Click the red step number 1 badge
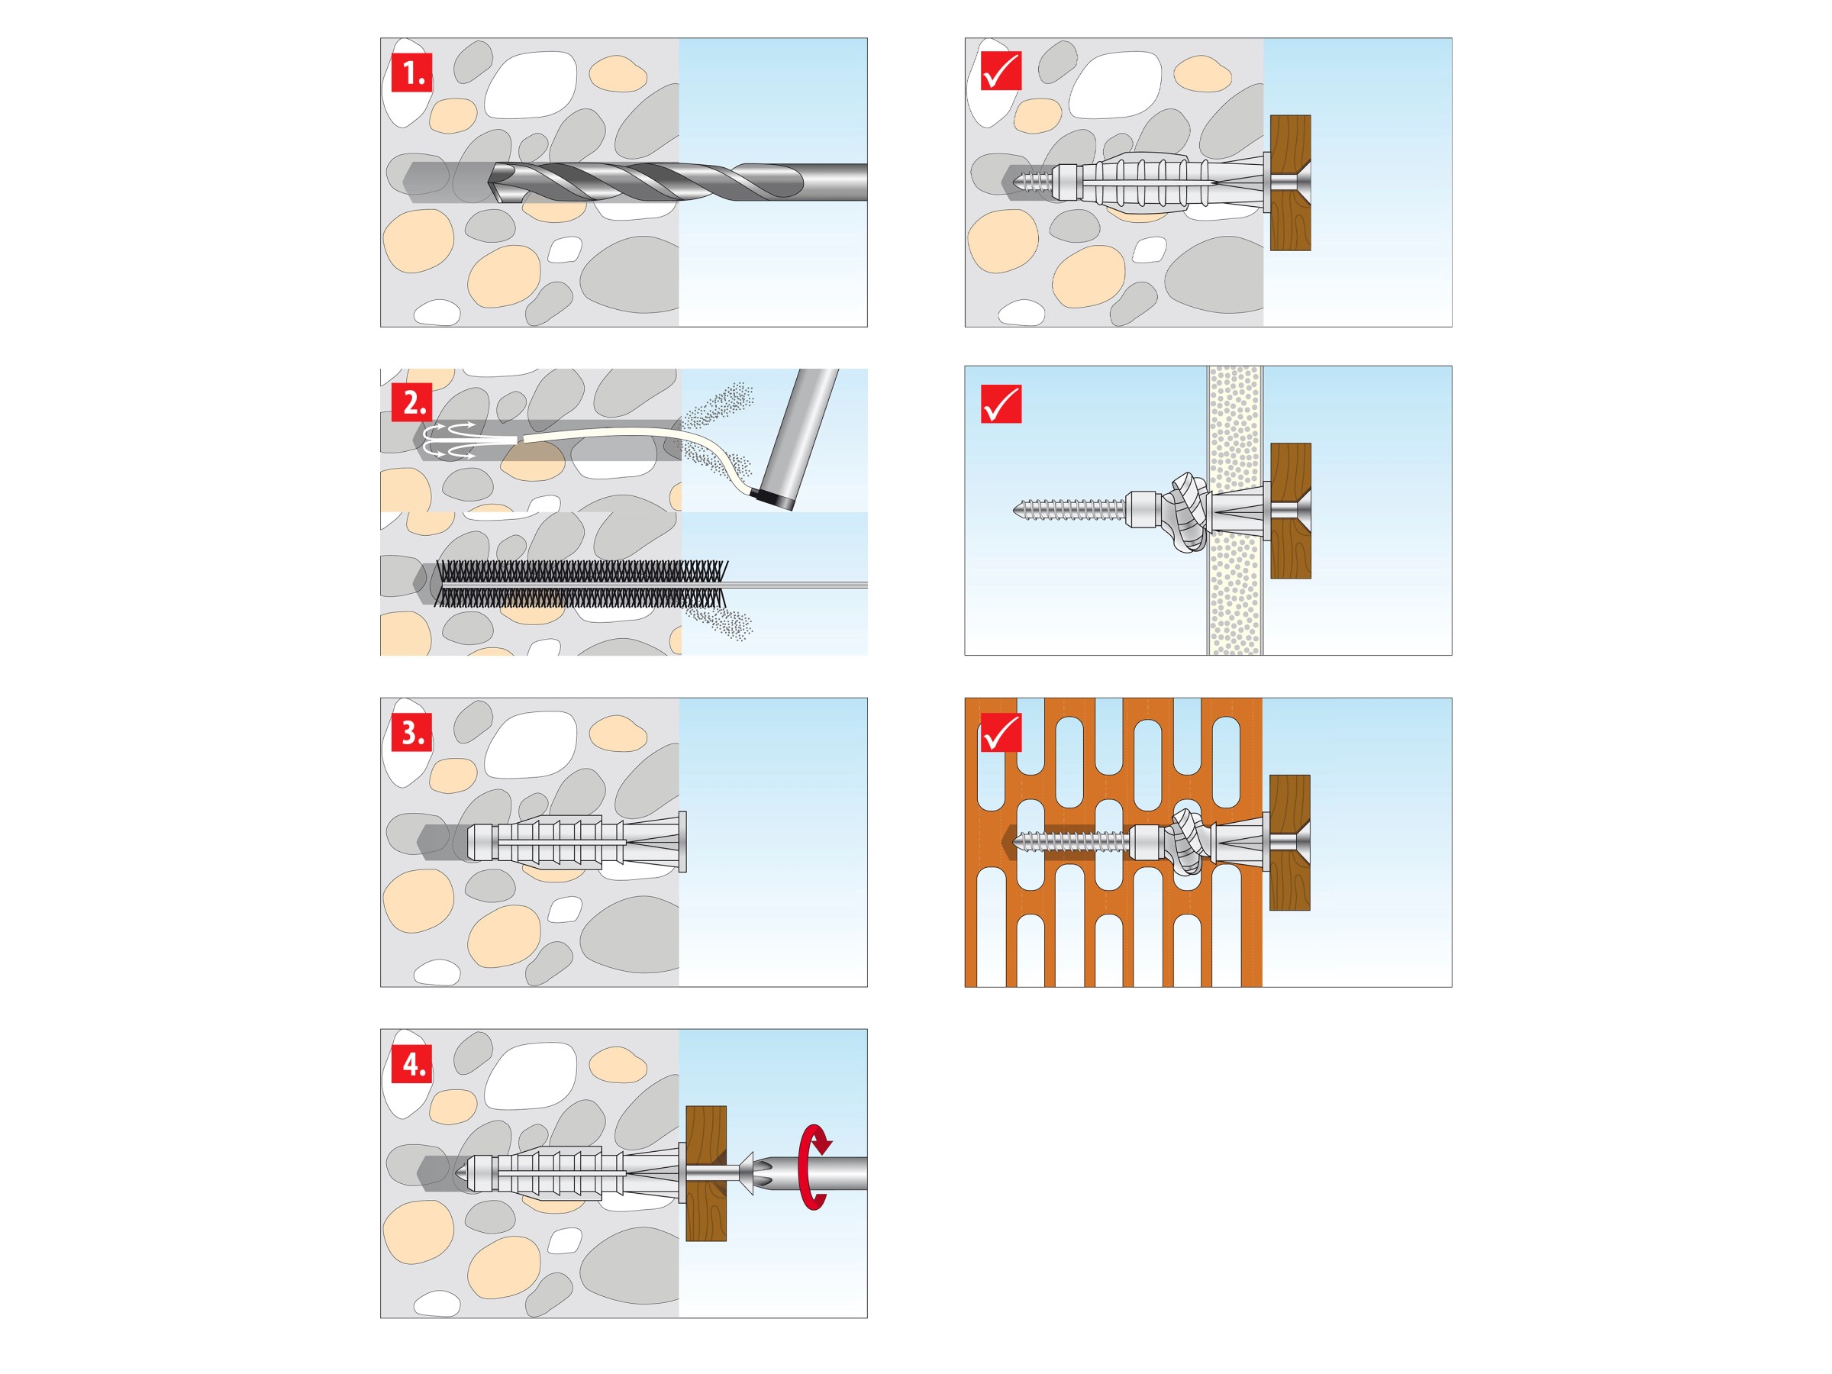tap(411, 73)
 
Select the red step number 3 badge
tap(411, 733)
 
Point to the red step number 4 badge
tap(411, 1064)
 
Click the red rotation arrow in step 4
tap(815, 1167)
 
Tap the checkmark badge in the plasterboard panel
tap(1001, 403)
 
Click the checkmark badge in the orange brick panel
tap(1001, 733)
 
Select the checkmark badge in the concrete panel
tap(1001, 70)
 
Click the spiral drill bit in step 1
tap(646, 182)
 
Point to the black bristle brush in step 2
tap(579, 584)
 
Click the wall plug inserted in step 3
tap(572, 842)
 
